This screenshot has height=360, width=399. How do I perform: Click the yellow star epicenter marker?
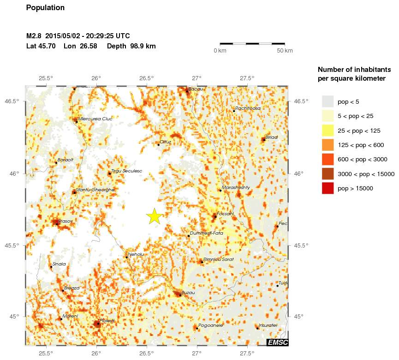pos(155,216)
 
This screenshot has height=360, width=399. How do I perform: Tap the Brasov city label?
pos(66,221)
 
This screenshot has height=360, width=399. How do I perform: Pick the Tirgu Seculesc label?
pos(126,171)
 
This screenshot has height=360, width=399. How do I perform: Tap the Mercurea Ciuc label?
pos(95,118)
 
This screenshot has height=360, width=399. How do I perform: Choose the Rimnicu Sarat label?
pos(219,259)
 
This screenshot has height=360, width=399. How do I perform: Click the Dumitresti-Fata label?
pos(206,233)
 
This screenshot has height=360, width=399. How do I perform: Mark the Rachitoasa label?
pos(248,108)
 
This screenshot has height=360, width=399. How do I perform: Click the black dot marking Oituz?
pos(158,145)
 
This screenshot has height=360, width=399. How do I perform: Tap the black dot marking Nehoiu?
pos(126,257)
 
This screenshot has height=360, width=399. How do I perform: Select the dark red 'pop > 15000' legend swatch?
pos(328,188)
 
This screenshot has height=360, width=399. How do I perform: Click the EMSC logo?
pos(277,342)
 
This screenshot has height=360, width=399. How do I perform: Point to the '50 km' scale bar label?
pos(285,50)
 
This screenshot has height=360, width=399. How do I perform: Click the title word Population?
pos(45,8)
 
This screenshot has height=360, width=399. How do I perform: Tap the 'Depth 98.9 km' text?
pos(131,46)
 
